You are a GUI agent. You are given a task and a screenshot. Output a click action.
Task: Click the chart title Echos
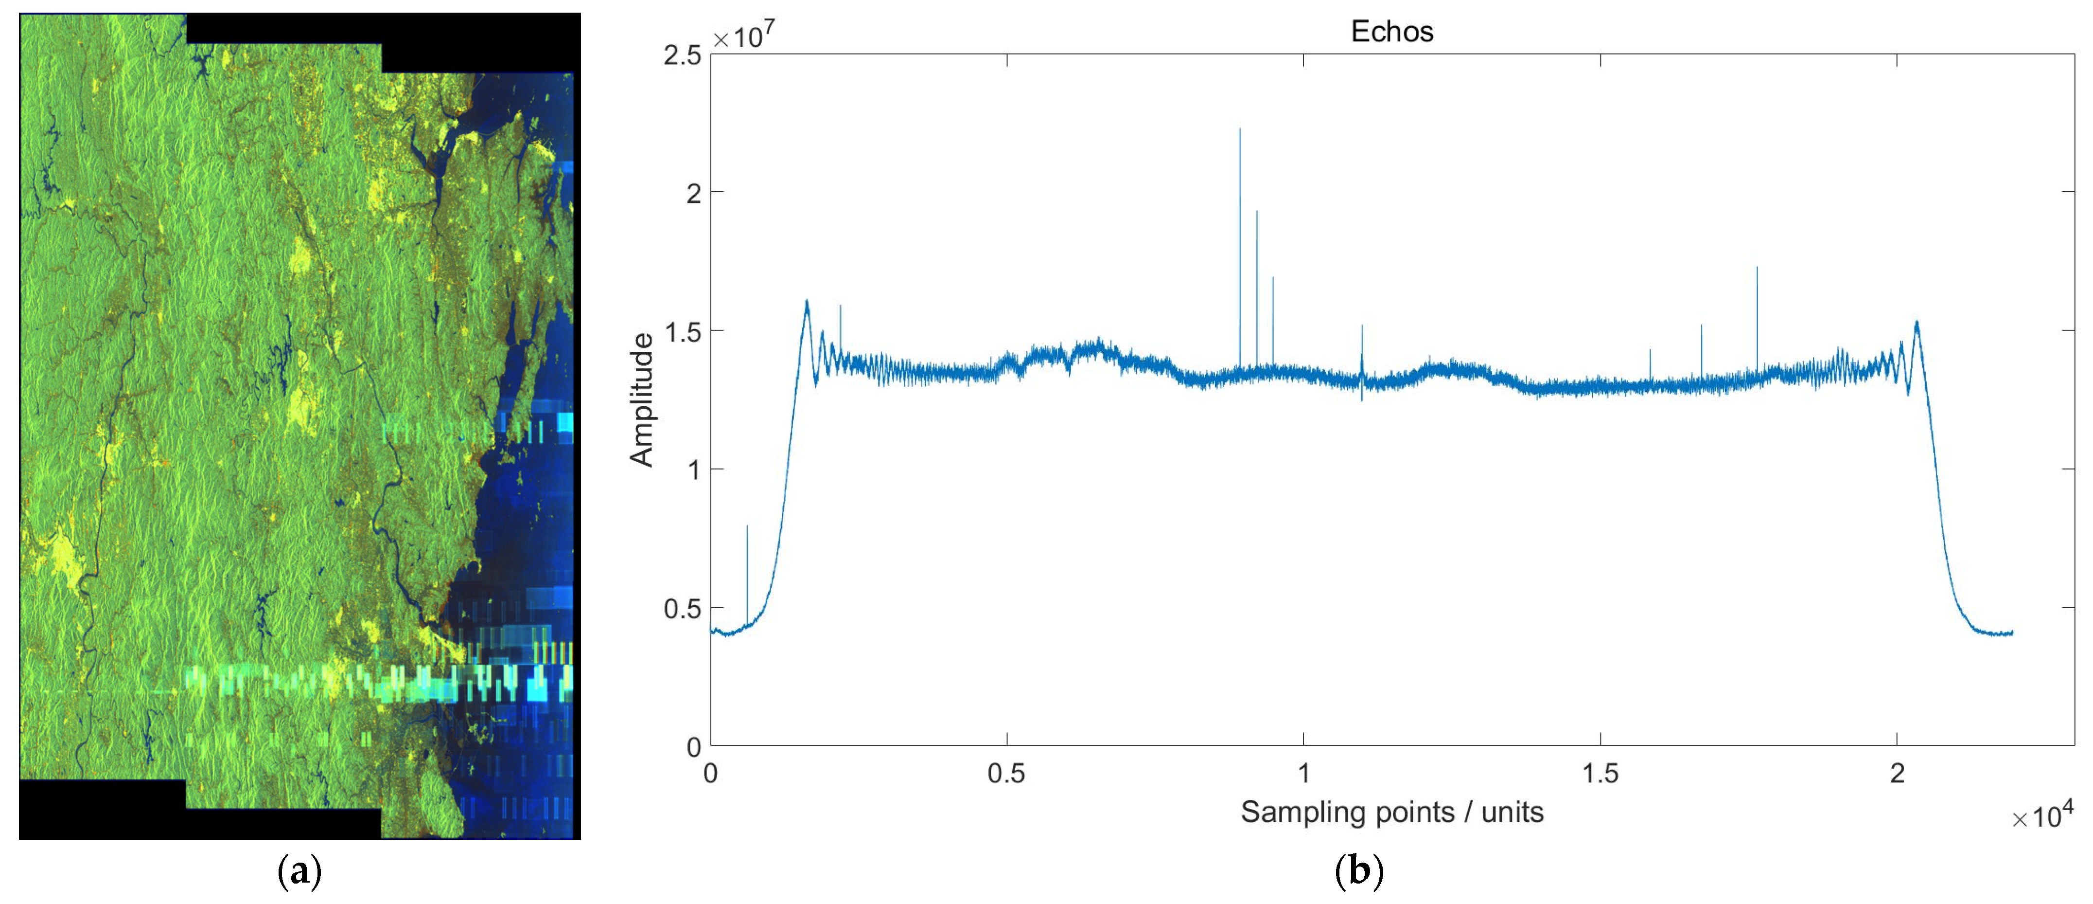(x=1392, y=32)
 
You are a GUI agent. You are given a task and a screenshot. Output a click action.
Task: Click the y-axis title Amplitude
(x=642, y=400)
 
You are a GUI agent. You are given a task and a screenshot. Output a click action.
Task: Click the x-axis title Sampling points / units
(x=1392, y=812)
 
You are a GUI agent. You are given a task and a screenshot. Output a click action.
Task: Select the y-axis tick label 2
(x=693, y=194)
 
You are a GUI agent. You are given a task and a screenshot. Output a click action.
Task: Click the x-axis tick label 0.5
(x=1007, y=773)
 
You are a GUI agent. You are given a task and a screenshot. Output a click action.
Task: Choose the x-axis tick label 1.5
(x=1600, y=773)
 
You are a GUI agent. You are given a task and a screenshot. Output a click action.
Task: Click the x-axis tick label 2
(x=1897, y=773)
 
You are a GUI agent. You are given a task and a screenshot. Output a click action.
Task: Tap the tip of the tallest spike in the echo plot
(x=1240, y=129)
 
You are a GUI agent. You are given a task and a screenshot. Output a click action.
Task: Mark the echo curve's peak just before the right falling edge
(x=1917, y=323)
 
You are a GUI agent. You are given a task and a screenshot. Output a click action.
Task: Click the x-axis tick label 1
(x=1303, y=773)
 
